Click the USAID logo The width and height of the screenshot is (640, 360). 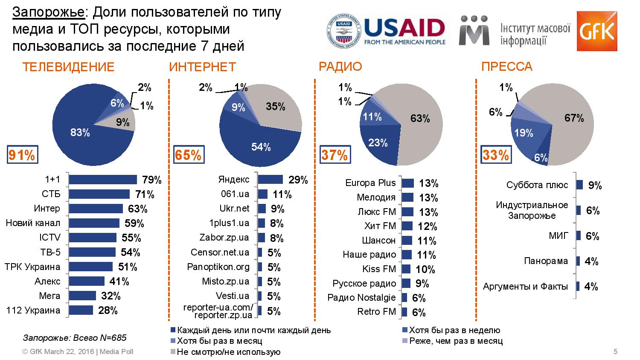pos(386,32)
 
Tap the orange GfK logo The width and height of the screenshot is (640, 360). pos(596,31)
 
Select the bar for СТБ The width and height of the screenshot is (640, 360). pos(99,195)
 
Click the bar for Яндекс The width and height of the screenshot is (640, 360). pos(270,180)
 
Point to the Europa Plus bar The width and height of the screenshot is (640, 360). pos(408,183)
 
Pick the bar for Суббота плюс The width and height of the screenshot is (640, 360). pos(579,185)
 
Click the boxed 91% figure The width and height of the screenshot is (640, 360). pos(22,155)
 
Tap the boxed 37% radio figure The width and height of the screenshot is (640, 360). pos(334,155)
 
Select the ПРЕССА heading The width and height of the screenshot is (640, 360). pos(506,67)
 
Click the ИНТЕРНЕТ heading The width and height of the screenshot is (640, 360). pos(202,67)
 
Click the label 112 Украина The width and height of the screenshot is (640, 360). pos(33,311)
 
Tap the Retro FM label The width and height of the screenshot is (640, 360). pos(377,312)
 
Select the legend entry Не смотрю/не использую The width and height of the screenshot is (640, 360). pos(228,352)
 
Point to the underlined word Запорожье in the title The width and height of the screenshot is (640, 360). pos(49,13)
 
